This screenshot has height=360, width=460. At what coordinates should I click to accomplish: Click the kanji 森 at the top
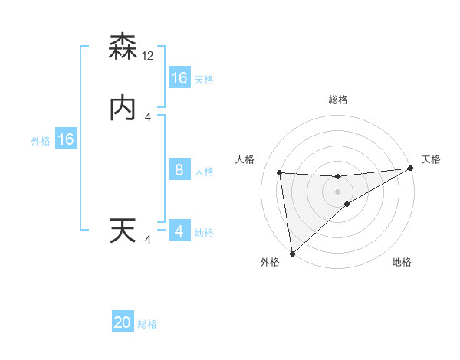[x=123, y=47]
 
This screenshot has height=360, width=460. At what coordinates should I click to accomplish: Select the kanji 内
[x=123, y=109]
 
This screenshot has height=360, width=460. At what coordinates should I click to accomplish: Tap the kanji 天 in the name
[x=123, y=231]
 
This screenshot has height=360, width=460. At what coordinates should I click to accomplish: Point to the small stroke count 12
[x=149, y=57]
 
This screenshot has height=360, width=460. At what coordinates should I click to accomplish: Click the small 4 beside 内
[x=148, y=117]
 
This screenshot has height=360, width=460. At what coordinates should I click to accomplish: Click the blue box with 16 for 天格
[x=179, y=78]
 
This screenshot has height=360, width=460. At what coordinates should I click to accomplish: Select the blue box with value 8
[x=179, y=170]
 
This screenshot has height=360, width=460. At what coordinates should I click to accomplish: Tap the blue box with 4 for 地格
[x=179, y=231]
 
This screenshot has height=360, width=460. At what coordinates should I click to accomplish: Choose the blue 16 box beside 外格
[x=66, y=139]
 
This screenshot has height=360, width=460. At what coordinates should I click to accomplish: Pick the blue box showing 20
[x=123, y=322]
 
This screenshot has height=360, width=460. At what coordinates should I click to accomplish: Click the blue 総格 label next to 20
[x=147, y=324]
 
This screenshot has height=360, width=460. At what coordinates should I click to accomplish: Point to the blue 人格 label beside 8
[x=204, y=172]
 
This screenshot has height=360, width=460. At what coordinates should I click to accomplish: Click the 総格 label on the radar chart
[x=338, y=100]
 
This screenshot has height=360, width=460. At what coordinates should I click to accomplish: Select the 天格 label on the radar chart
[x=431, y=159]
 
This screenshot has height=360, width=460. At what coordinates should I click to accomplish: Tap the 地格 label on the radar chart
[x=402, y=263]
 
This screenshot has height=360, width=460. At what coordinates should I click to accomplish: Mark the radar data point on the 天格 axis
[x=410, y=169]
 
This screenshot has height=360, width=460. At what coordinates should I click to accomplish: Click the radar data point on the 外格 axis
[x=292, y=253]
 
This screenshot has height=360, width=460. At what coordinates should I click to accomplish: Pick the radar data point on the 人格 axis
[x=280, y=172]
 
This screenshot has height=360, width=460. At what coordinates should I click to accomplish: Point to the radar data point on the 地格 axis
[x=347, y=204]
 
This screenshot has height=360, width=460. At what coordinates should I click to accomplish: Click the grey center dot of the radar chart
[x=338, y=191]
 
